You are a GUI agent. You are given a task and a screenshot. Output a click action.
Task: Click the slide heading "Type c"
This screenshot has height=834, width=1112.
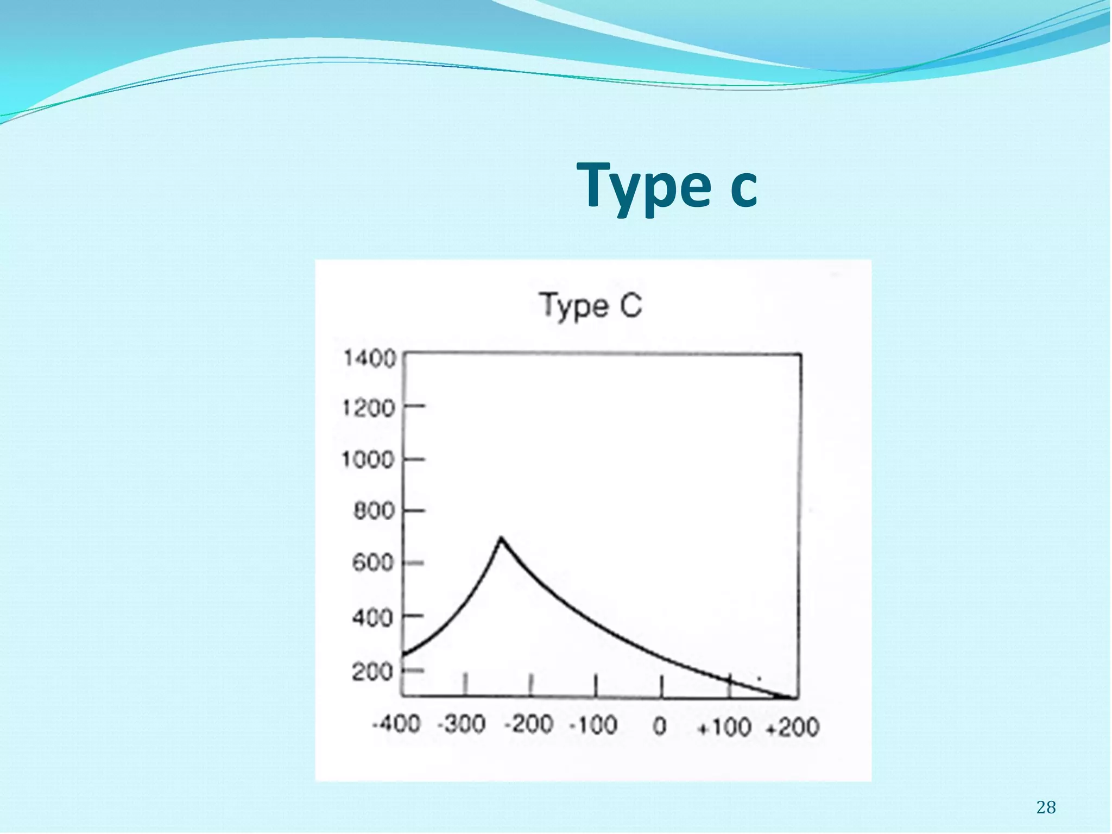point(667,187)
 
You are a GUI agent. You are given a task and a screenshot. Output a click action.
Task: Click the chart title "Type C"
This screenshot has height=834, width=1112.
point(591,306)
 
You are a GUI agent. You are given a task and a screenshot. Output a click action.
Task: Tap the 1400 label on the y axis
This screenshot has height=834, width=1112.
point(370,359)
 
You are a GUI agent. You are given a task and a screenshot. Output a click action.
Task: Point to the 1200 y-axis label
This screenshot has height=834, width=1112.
point(369,408)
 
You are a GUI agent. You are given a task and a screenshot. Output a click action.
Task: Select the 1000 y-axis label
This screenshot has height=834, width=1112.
point(368,460)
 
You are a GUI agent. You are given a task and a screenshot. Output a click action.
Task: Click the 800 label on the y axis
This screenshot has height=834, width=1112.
point(374,511)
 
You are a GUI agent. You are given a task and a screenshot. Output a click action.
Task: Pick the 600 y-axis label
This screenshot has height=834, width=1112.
point(372,563)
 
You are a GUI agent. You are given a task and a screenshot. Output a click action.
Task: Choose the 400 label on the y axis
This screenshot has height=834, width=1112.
point(372,617)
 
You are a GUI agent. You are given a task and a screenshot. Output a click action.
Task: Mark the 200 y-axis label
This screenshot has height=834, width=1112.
point(372,672)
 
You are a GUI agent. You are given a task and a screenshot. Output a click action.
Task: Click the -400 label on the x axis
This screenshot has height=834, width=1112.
point(396,724)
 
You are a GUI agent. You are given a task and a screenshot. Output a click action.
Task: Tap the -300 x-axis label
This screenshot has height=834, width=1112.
point(462,724)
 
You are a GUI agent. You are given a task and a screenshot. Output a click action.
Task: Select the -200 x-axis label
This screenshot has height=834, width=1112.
point(528,724)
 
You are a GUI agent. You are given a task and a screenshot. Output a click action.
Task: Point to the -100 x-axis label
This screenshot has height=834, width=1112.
point(593,725)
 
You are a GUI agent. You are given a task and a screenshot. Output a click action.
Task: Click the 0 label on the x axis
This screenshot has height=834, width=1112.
point(660,726)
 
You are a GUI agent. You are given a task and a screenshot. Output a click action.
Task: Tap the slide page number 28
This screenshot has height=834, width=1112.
point(1046,807)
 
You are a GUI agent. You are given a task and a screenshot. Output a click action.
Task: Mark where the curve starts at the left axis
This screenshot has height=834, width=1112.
point(404,655)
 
